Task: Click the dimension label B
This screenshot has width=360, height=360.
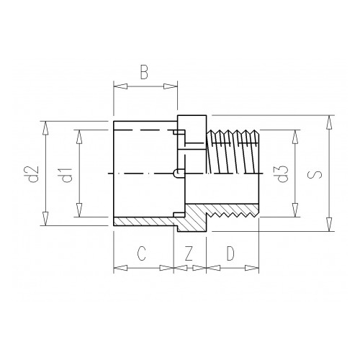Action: pos(144,72)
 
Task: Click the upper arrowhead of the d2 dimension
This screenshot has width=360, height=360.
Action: pos(45,127)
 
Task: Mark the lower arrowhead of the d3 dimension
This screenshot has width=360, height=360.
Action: pos(295,212)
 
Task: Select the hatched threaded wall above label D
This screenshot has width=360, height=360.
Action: pos(230,210)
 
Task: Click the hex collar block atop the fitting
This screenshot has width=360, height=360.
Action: pos(190,123)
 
